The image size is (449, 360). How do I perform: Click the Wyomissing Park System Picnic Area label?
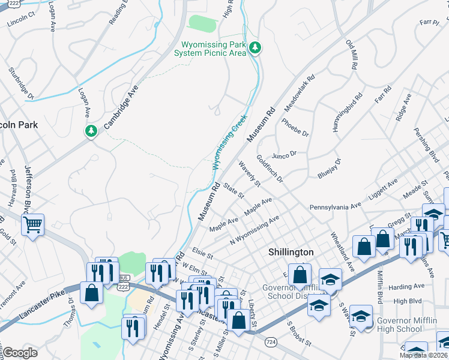coord(210,49)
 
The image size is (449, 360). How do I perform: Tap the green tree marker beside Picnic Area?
coord(255,47)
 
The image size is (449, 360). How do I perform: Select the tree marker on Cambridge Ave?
coord(91,130)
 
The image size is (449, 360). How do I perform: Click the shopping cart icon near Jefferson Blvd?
coord(32,225)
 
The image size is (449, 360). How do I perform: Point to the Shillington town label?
coord(291,252)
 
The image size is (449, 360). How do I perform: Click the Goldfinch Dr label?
coord(270,168)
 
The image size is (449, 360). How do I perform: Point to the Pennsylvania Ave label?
coord(336,206)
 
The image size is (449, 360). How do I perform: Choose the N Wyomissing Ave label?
coord(255,230)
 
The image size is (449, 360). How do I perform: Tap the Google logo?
coord(20,353)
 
